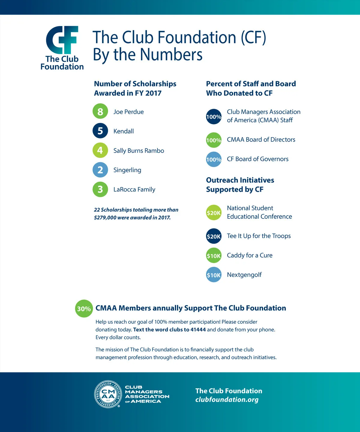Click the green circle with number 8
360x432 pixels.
100,112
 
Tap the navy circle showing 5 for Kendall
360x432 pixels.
100,131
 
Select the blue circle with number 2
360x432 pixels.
100,170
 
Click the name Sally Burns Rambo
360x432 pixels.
139,150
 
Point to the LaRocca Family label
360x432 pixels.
134,189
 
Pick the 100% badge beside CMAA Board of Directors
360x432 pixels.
214,140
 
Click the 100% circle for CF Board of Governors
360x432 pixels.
214,159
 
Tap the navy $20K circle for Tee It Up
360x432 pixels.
214,236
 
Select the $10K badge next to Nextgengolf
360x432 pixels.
214,275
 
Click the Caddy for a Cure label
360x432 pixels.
250,255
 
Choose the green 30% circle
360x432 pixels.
84,308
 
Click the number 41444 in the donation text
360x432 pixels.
198,329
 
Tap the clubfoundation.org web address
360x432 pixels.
227,400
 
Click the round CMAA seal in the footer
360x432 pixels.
108,394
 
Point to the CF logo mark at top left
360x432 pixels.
62,40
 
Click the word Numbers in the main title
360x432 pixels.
171,55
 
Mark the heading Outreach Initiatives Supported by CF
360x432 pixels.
240,185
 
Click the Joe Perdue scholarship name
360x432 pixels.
128,112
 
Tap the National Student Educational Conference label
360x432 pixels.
259,212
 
